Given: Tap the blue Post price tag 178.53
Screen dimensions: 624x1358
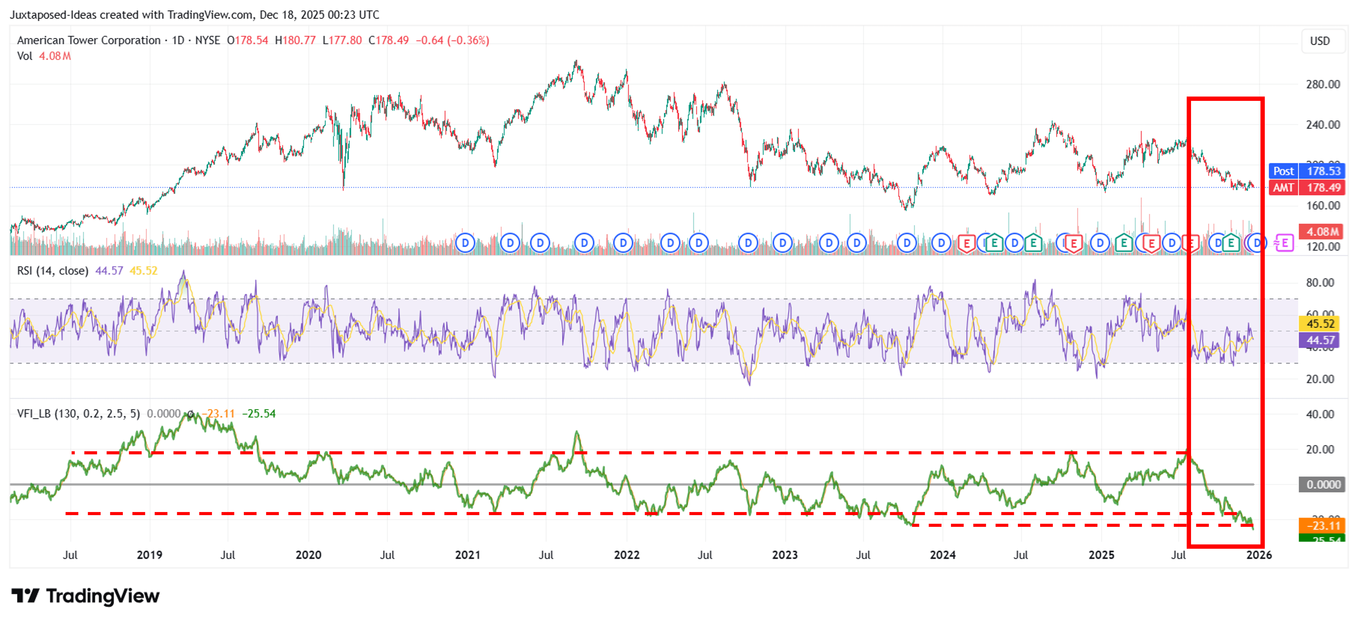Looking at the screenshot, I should coord(1306,171).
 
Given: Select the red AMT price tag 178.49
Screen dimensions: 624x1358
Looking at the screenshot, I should coord(1306,188).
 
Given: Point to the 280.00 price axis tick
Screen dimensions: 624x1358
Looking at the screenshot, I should coord(1322,84).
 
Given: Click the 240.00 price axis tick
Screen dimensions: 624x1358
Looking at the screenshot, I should coord(1322,125).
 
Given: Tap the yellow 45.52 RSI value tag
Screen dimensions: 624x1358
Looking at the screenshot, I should coord(1320,324).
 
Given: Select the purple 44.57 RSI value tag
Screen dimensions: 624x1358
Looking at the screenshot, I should coord(1320,341).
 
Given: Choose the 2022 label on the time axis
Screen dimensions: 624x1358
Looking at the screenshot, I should coord(626,555).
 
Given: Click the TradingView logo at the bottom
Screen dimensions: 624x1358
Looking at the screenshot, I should coord(85,596).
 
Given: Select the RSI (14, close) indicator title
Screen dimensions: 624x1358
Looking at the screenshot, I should coord(53,271).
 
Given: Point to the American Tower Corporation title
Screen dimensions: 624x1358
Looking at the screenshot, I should coord(89,41).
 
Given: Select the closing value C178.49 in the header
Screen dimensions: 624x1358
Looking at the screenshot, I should coord(389,41).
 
